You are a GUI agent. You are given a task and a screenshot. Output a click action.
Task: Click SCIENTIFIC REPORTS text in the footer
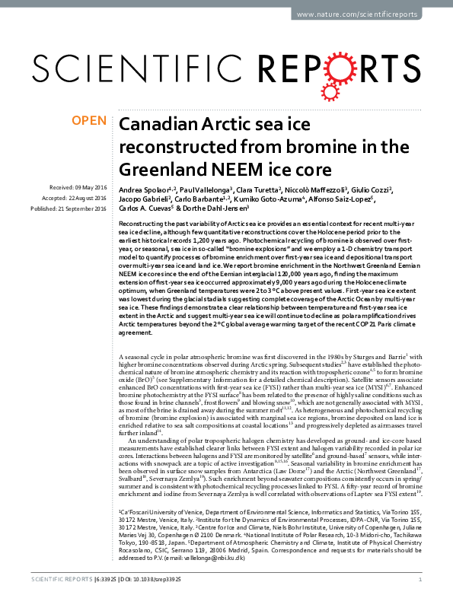pos(54,580)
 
